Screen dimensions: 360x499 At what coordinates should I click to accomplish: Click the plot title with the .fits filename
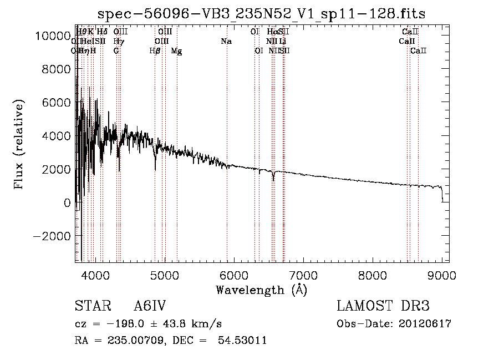click(x=261, y=14)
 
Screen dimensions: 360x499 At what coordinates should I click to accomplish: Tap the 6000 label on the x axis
click(x=233, y=275)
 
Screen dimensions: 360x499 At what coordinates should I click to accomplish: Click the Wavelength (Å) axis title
click(x=261, y=290)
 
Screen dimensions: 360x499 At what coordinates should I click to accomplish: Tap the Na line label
click(x=226, y=42)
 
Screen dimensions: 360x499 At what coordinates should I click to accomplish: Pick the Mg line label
click(x=176, y=51)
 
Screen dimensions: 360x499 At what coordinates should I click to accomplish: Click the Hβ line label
click(x=155, y=51)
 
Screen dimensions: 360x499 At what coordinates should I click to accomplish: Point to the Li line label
click(x=283, y=42)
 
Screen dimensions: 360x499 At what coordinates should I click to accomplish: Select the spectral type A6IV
click(x=150, y=307)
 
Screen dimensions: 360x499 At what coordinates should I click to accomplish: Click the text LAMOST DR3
click(x=383, y=307)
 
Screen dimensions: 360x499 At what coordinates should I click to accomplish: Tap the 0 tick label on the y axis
click(x=67, y=203)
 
